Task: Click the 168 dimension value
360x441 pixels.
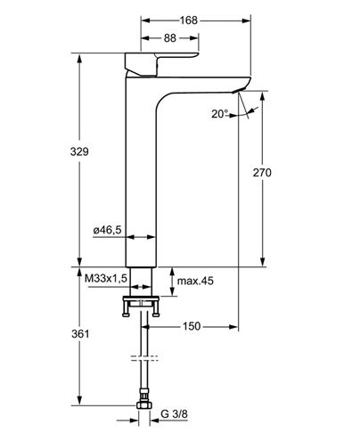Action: coord(188,20)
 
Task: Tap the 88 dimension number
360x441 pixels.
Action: coord(170,38)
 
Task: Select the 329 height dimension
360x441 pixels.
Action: coord(79,151)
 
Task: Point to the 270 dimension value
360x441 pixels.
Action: coord(262,172)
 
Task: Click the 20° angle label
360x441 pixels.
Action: coord(220,114)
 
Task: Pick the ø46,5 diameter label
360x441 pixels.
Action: coord(107,230)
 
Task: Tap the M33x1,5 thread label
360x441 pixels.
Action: coord(106,279)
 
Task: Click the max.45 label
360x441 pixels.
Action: coord(195,281)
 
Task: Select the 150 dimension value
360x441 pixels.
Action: coord(192,326)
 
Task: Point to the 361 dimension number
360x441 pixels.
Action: coord(80,334)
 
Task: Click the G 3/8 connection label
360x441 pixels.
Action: coord(174,413)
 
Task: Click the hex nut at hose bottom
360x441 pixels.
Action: coord(144,405)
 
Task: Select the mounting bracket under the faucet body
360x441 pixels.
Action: coord(141,306)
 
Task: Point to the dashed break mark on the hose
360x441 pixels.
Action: coord(144,358)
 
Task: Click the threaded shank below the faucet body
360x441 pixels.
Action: coord(142,282)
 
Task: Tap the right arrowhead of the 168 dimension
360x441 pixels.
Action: coord(247,20)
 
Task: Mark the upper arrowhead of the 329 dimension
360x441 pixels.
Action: coord(79,58)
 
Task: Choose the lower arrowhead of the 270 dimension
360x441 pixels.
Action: coord(262,262)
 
